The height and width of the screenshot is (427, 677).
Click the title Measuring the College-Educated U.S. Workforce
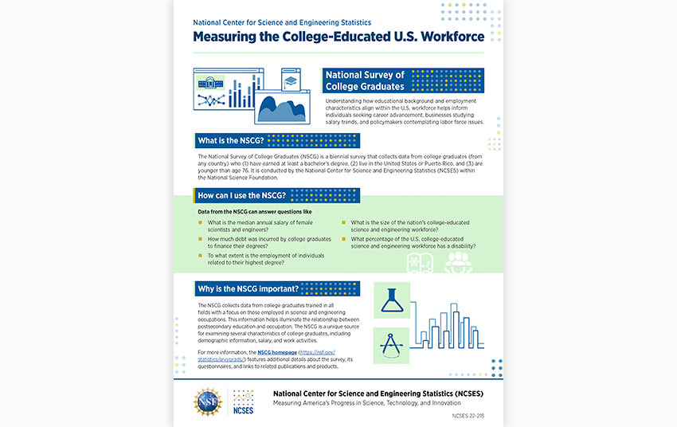click(x=338, y=37)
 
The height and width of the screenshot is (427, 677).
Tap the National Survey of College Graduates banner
click(x=365, y=80)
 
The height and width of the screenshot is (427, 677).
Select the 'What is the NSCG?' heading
click(x=231, y=141)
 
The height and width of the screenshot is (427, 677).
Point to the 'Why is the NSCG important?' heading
click(x=248, y=288)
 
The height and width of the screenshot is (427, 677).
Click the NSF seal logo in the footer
click(x=208, y=401)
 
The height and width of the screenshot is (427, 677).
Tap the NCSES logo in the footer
click(x=242, y=402)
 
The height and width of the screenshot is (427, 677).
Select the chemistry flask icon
click(x=391, y=300)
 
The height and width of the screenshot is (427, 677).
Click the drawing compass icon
click(x=391, y=345)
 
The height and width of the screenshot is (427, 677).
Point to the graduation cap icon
click(x=291, y=81)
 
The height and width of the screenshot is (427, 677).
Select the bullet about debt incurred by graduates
click(x=268, y=242)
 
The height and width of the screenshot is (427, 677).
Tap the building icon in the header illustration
click(x=211, y=82)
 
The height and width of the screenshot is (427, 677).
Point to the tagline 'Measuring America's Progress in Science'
click(x=370, y=403)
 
